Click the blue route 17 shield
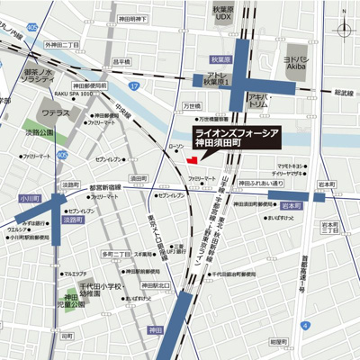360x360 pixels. click(x=132, y=85)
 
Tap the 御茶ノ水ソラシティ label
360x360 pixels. click(x=40, y=76)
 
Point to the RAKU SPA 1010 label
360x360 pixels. click(x=74, y=92)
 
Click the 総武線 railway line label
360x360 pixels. click(x=343, y=93)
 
